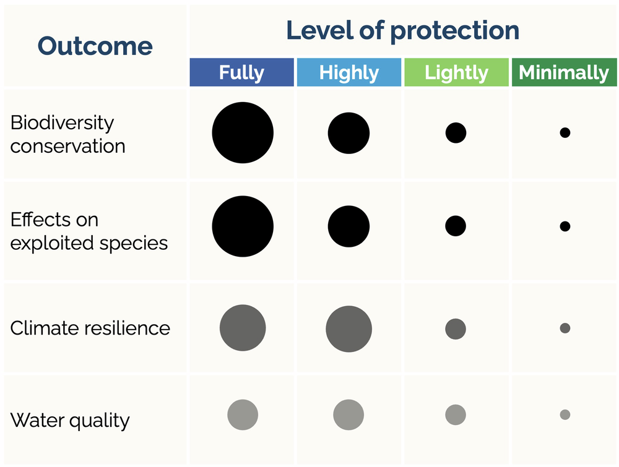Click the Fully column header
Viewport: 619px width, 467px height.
point(241,72)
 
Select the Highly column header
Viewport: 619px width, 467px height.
point(348,72)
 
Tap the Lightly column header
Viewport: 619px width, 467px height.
point(456,72)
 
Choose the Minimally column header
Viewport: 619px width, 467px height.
point(564,72)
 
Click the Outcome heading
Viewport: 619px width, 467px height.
point(95,46)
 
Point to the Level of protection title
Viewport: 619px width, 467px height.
point(402,30)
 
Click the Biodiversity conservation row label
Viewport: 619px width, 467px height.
point(67,134)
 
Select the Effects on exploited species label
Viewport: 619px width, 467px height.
point(89,231)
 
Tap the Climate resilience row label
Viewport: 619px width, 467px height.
point(90,327)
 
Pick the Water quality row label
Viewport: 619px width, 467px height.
point(70,421)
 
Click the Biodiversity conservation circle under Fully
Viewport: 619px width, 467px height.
point(243,133)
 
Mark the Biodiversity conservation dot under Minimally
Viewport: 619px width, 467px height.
point(565,132)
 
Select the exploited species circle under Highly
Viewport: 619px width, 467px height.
point(348,226)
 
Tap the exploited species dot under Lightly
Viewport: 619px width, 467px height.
point(455,226)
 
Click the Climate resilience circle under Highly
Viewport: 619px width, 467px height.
point(349,329)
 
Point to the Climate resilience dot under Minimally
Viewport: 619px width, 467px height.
point(565,328)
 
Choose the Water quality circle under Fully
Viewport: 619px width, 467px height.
point(243,414)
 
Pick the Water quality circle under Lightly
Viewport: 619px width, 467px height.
point(455,414)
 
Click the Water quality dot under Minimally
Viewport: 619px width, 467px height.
point(565,414)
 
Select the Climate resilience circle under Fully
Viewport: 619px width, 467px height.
point(243,328)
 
